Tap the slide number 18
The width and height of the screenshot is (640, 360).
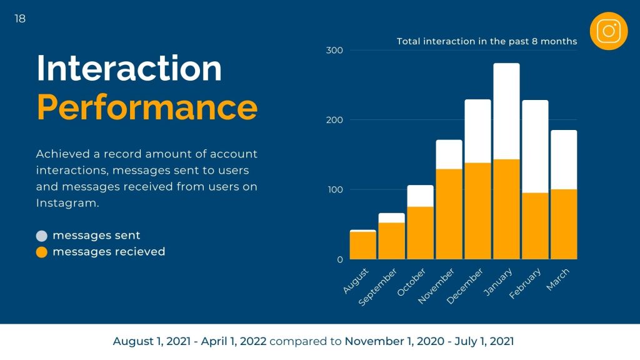(20, 19)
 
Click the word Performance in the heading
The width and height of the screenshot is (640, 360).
(147, 107)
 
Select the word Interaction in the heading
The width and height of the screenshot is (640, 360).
(129, 68)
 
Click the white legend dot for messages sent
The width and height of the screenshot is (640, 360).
(42, 236)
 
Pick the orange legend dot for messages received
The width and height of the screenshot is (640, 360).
(42, 252)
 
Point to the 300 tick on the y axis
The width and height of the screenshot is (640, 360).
(334, 50)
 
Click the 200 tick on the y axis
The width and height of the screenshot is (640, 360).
(334, 120)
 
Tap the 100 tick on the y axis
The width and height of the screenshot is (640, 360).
(334, 189)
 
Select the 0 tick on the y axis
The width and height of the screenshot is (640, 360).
(339, 259)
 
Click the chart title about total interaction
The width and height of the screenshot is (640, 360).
(487, 42)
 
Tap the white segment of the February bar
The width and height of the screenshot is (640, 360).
(535, 146)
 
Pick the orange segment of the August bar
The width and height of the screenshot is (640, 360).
(362, 246)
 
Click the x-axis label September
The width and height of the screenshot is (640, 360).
(379, 288)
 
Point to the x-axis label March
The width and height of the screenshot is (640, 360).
(558, 279)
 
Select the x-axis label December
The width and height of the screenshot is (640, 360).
(466, 286)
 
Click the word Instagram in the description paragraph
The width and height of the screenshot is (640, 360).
(67, 203)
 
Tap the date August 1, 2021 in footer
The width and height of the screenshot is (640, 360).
(150, 342)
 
